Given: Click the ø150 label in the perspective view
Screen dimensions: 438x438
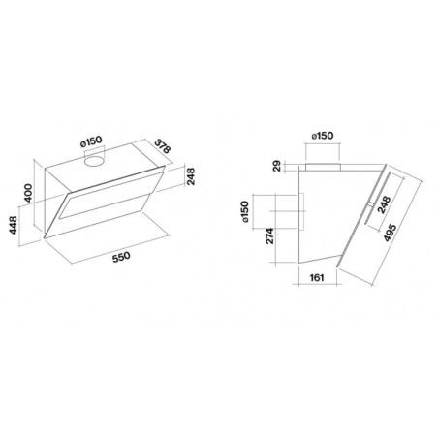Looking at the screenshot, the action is point(91,141).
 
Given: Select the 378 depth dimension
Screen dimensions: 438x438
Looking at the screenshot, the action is point(162,146).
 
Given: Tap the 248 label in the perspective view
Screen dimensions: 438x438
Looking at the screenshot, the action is point(191,176).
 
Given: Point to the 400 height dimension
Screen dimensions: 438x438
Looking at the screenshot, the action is point(28,193).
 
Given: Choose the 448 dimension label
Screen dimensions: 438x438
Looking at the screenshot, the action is point(14,225).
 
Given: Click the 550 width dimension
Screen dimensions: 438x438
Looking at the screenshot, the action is point(121,257).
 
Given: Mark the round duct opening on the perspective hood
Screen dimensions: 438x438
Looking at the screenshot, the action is point(94,161).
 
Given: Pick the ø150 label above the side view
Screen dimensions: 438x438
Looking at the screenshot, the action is point(323,136).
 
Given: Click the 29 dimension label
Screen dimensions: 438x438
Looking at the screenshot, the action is point(277,166).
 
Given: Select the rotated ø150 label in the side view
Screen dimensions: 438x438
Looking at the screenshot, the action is point(245,211).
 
